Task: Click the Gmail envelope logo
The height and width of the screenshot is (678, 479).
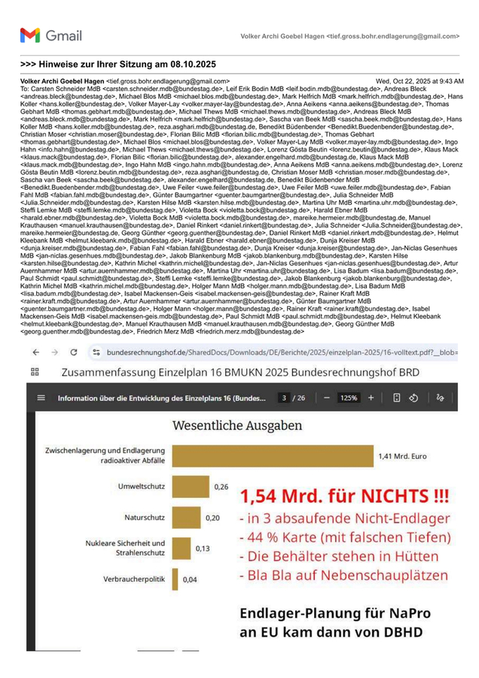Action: [29, 35]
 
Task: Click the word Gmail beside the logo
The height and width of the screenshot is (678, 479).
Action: [63, 35]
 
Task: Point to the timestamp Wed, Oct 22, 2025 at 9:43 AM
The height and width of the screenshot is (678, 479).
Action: [420, 81]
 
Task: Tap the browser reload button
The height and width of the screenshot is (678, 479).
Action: [74, 352]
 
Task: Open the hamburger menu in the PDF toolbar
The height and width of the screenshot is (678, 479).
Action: [41, 398]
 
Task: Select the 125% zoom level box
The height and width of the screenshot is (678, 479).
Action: [349, 398]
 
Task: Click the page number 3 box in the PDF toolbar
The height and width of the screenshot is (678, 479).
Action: [285, 398]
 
